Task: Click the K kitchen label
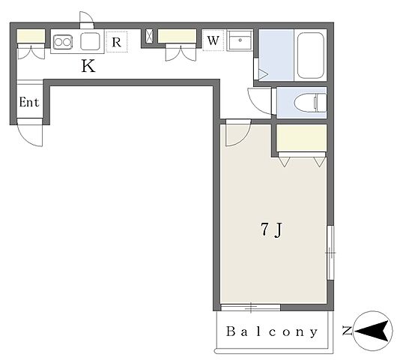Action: click(x=88, y=66)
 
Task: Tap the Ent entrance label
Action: click(x=29, y=103)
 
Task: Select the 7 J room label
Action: click(x=272, y=229)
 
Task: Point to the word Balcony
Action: click(x=272, y=331)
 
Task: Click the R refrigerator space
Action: click(x=117, y=42)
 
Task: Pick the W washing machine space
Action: click(x=213, y=40)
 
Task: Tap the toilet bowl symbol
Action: click(x=310, y=103)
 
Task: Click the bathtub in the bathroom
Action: click(x=311, y=55)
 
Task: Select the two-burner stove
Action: click(x=62, y=42)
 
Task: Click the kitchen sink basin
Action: click(x=90, y=41)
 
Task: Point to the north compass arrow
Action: click(x=374, y=331)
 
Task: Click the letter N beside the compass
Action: click(x=347, y=331)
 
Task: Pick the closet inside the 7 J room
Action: click(x=302, y=138)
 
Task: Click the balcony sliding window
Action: click(x=250, y=307)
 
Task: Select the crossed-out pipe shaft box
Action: click(x=149, y=36)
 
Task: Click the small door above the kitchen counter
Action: click(x=87, y=19)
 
